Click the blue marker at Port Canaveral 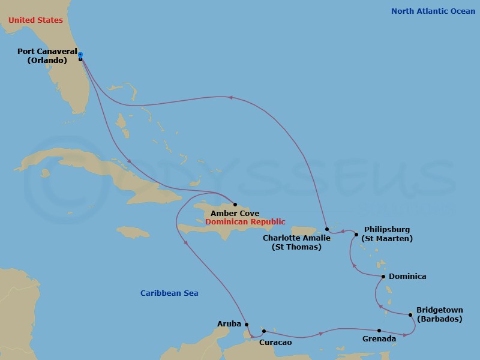[80, 55]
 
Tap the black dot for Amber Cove [235, 205]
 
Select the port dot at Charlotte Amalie [326, 229]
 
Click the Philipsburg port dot [356, 235]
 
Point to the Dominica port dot [383, 277]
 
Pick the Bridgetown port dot [410, 314]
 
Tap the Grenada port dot [379, 331]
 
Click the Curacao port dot [264, 331]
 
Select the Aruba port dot [247, 324]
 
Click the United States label [35, 20]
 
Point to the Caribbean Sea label [169, 293]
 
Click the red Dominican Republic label [245, 222]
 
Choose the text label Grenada [379, 340]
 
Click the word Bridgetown [439, 311]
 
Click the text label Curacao [275, 343]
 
